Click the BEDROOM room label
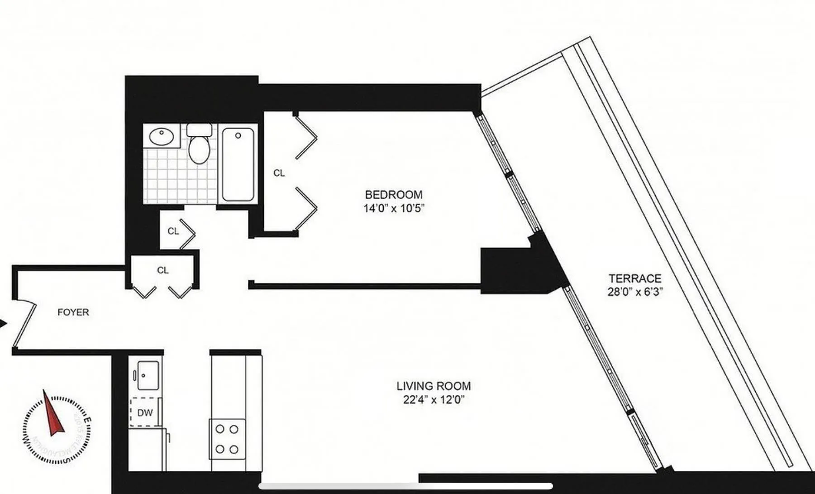pyautogui.click(x=393, y=195)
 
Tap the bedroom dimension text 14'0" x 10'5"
pyautogui.click(x=394, y=208)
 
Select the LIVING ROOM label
pyautogui.click(x=433, y=386)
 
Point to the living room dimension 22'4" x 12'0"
pyautogui.click(x=433, y=400)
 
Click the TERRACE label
pyautogui.click(x=634, y=278)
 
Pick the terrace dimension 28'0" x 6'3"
pyautogui.click(x=634, y=292)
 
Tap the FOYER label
pyautogui.click(x=73, y=312)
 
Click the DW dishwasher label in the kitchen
pyautogui.click(x=145, y=412)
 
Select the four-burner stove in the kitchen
pyautogui.click(x=227, y=439)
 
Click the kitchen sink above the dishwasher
pyautogui.click(x=148, y=375)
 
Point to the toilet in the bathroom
pyautogui.click(x=199, y=145)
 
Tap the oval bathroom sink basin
pyautogui.click(x=162, y=136)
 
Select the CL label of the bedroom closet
pyautogui.click(x=279, y=173)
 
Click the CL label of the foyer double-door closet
pyautogui.click(x=163, y=270)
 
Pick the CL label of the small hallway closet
pyautogui.click(x=173, y=231)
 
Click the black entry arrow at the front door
pyautogui.click(x=3, y=323)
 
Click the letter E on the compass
pyautogui.click(x=88, y=420)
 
